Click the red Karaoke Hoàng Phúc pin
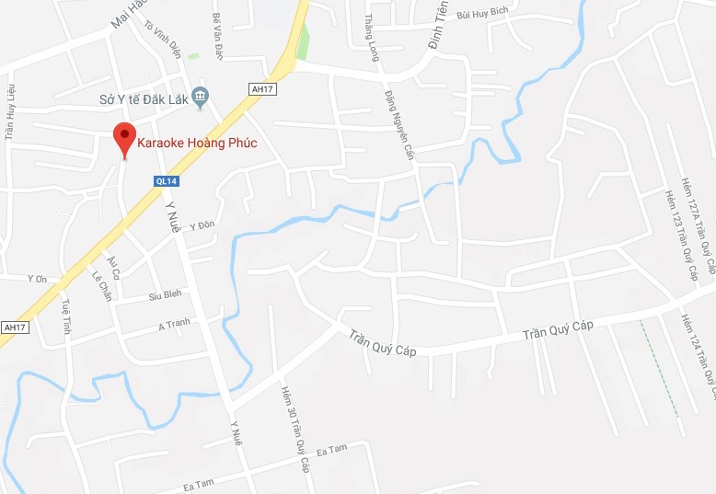[124, 138]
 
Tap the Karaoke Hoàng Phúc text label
[197, 144]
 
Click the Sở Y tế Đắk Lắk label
[146, 98]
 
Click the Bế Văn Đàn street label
[218, 35]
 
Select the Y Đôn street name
[202, 225]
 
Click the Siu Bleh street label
[166, 296]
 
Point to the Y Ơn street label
[37, 279]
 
